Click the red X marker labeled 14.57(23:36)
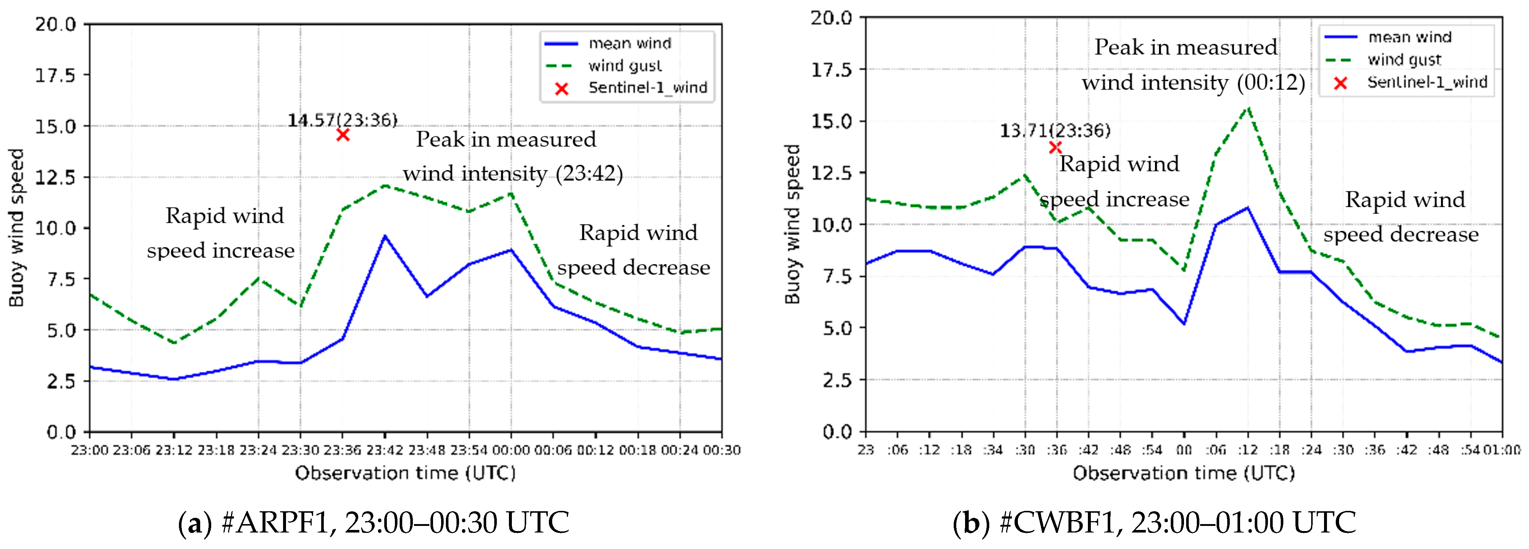[x=342, y=135]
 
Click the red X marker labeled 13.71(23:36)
[x=1055, y=148]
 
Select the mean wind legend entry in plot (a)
[x=629, y=43]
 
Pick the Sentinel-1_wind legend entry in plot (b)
[x=1426, y=82]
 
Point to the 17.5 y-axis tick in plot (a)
[x=55, y=75]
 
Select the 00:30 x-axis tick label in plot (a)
[x=721, y=450]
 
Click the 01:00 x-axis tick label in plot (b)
[x=1502, y=450]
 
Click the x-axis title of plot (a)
[x=406, y=473]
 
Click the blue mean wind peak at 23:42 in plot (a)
[x=385, y=236]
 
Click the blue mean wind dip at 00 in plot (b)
[x=1184, y=324]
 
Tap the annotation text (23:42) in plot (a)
[x=589, y=173]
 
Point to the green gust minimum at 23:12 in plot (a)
[x=173, y=342]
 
